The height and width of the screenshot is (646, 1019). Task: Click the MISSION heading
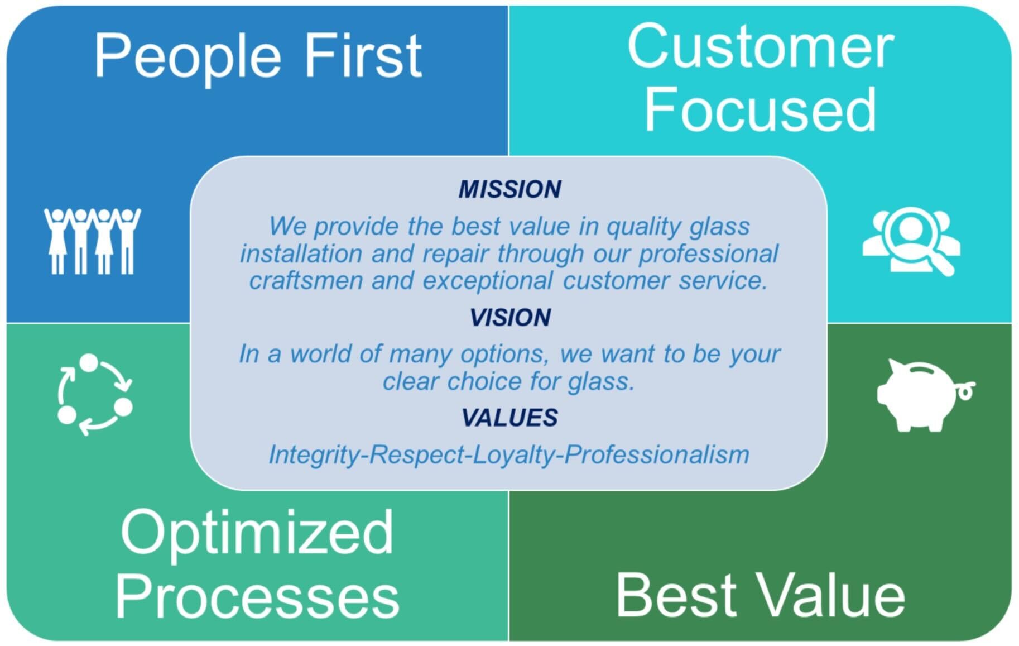(x=509, y=189)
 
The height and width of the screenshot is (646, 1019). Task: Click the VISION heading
(x=509, y=318)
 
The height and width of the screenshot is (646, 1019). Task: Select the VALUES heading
(x=509, y=418)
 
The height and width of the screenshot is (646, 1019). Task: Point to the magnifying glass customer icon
(x=911, y=240)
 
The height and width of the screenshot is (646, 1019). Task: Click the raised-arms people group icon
(x=92, y=241)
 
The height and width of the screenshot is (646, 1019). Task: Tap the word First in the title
(x=363, y=56)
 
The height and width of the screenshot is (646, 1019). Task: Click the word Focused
(x=760, y=109)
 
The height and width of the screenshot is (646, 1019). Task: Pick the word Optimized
(x=257, y=533)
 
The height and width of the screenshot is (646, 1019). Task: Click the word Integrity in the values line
(x=315, y=455)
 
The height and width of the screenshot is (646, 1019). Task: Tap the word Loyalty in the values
(x=513, y=455)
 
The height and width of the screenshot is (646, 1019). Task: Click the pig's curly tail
(x=965, y=390)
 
